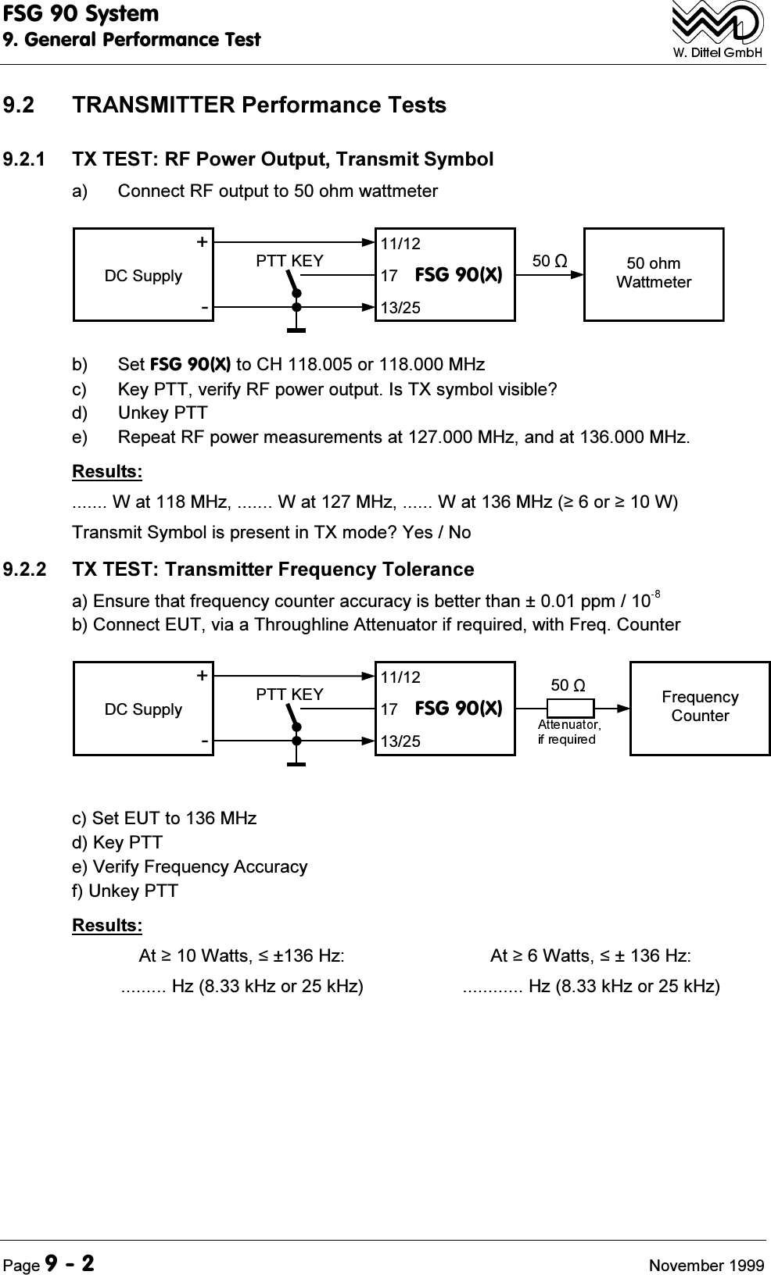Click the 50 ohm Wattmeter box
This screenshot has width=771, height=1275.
(654, 273)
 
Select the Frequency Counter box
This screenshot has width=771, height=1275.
(700, 707)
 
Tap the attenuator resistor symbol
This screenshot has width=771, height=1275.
(570, 708)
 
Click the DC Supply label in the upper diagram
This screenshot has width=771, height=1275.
(143, 276)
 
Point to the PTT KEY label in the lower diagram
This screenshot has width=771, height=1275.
(289, 695)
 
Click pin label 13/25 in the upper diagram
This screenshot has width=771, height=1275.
(400, 308)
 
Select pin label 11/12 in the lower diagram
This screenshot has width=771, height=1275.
(400, 677)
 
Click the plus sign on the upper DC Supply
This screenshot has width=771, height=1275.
(203, 242)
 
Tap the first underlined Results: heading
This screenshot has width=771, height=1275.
(107, 472)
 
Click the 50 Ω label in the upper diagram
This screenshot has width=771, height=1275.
(549, 260)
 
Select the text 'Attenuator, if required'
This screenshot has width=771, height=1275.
(568, 732)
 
